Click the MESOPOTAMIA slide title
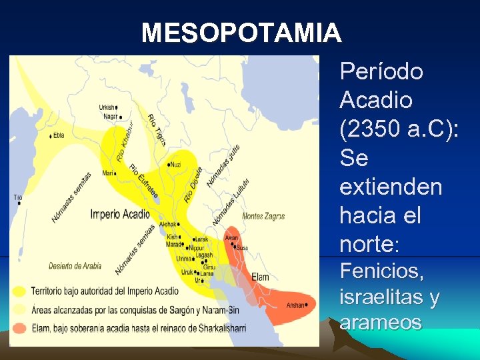(x=241, y=33)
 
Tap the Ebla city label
(x=59, y=135)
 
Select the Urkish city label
(x=106, y=107)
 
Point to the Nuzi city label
(x=175, y=164)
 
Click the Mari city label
(x=107, y=173)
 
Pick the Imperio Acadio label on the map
(x=120, y=214)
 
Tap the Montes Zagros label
(x=263, y=216)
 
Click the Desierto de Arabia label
(x=75, y=266)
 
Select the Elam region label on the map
(x=260, y=277)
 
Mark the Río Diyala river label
(x=192, y=184)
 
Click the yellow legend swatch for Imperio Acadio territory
(x=20, y=291)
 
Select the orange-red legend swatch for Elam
(x=20, y=327)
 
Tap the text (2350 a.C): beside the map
(x=399, y=129)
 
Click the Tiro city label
(x=18, y=197)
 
